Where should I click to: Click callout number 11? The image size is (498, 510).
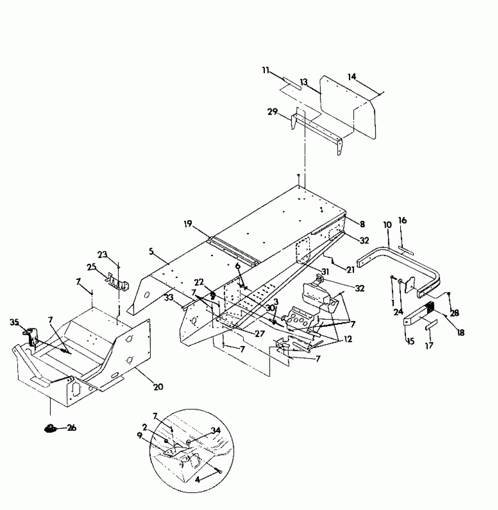[265, 71]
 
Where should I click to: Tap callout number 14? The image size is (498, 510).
[352, 77]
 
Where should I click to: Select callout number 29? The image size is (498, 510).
[272, 112]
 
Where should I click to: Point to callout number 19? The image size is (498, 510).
[188, 224]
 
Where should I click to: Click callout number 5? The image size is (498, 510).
[151, 251]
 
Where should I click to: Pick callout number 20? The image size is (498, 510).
[158, 387]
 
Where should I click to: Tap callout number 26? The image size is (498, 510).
[71, 428]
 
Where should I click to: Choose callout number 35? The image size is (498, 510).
[14, 322]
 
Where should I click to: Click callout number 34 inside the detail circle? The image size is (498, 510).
[216, 430]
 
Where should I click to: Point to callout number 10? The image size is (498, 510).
[387, 225]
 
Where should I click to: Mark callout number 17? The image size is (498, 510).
[429, 346]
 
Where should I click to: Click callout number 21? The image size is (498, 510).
[350, 270]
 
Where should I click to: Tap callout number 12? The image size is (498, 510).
[348, 339]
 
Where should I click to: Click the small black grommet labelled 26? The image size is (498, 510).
[50, 429]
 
